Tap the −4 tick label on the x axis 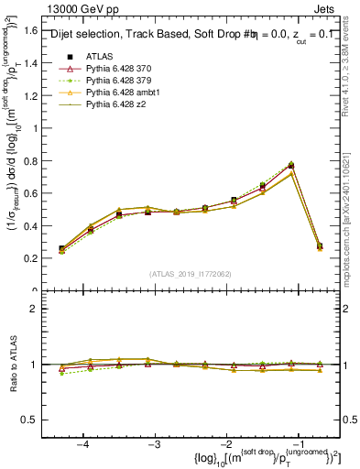(83, 443)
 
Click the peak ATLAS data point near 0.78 (290, 166)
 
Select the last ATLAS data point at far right (319, 246)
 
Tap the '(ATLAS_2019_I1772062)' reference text (189, 274)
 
